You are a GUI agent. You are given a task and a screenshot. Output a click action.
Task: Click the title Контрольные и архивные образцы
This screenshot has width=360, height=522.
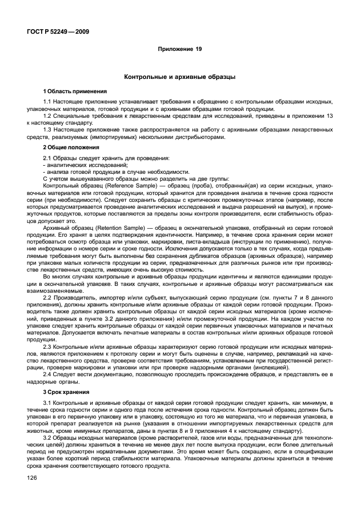click(179, 77)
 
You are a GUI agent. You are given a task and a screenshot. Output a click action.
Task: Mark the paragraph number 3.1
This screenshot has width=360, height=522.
click(47, 404)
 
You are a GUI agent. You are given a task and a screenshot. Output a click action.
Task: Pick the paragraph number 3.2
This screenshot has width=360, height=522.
click(47, 436)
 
